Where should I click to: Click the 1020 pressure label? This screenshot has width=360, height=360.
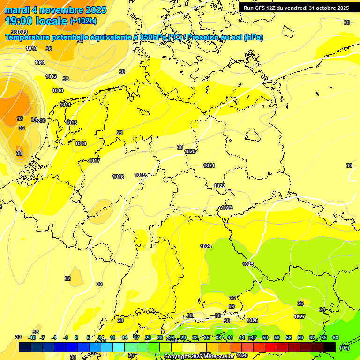[x=190, y=151]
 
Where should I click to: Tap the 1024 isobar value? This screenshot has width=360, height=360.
[x=206, y=246]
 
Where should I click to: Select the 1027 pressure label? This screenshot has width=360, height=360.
[x=300, y=316]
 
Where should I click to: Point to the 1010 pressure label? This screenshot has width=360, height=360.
[x=31, y=48]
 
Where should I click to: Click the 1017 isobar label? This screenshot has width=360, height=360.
[x=94, y=161]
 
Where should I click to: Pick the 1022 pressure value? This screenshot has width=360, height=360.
[x=219, y=186]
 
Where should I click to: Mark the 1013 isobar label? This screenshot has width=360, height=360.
[x=58, y=90]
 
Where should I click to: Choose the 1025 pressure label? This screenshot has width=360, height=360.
[x=248, y=264]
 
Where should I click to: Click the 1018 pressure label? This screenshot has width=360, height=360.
[x=118, y=177]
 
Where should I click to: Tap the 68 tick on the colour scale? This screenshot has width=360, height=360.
[x=335, y=337]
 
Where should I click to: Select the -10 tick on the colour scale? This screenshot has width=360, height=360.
[x=32, y=337]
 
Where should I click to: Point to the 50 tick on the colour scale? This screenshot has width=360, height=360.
[x=265, y=337]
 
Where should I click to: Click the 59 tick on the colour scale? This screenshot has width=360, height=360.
[x=300, y=337]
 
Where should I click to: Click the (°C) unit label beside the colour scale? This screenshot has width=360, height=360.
[x=344, y=347]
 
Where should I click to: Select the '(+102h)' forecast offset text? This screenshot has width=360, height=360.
[x=83, y=21]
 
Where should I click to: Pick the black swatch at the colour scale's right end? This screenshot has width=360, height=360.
[x=330, y=347]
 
